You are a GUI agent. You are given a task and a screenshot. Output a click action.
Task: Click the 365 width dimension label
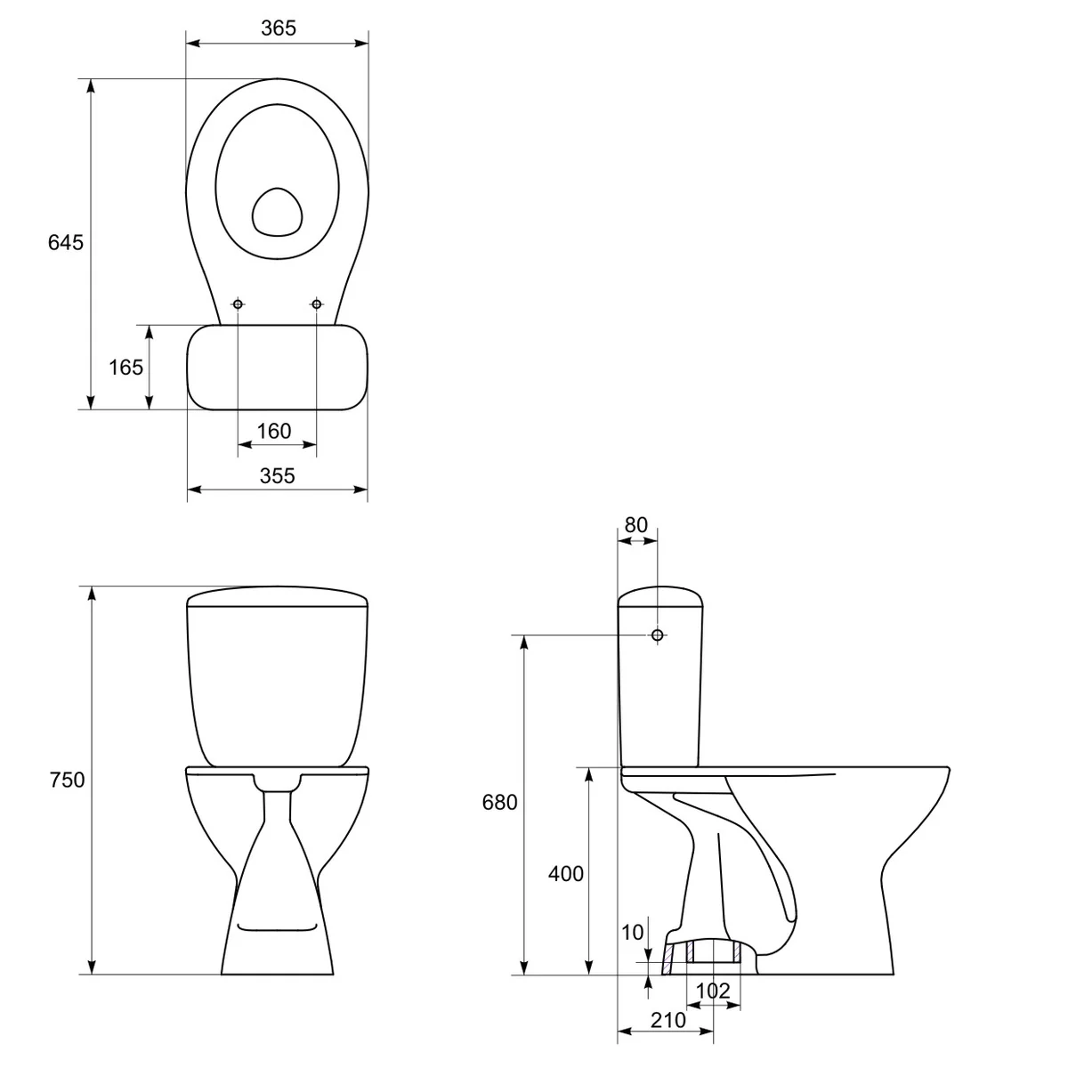(279, 28)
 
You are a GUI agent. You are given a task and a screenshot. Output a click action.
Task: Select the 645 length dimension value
(65, 242)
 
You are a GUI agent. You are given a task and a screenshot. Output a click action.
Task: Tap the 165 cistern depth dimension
(125, 367)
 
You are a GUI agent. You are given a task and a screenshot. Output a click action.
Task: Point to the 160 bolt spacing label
(274, 431)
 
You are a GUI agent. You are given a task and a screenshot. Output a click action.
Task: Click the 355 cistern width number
(277, 475)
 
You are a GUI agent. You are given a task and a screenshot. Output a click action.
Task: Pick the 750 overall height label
(67, 780)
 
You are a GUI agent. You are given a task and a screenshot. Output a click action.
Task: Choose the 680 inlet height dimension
(499, 802)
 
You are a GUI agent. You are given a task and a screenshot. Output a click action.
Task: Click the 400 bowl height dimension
(566, 873)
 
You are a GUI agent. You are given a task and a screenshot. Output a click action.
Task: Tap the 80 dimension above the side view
(635, 525)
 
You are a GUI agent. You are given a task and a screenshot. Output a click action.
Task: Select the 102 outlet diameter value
(713, 991)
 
